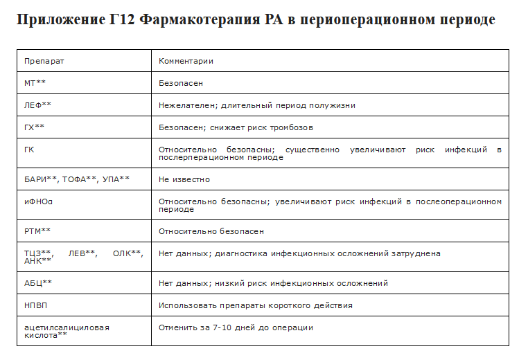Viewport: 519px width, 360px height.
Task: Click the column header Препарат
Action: pos(44,61)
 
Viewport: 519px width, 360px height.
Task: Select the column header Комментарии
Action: pos(186,61)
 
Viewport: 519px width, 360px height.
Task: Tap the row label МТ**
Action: pos(35,83)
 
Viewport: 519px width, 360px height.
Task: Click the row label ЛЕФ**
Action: pos(37,105)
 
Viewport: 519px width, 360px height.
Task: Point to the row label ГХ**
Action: pos(34,127)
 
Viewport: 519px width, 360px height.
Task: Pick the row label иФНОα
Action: pos(39,201)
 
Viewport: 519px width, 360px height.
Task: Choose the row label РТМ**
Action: pos(37,231)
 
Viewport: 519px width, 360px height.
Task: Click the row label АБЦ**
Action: pos(38,283)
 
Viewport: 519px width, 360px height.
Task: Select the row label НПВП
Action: pos(37,305)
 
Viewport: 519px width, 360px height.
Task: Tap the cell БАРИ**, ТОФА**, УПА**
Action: pos(77,179)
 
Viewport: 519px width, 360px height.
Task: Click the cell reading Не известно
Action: pos(184,179)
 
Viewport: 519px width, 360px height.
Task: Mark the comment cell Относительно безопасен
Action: pos(211,231)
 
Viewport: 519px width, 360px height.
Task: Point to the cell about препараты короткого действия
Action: pos(255,305)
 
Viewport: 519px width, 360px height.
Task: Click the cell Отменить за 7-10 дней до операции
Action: pos(236,327)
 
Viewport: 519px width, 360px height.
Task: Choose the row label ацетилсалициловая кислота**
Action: pos(67,331)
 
